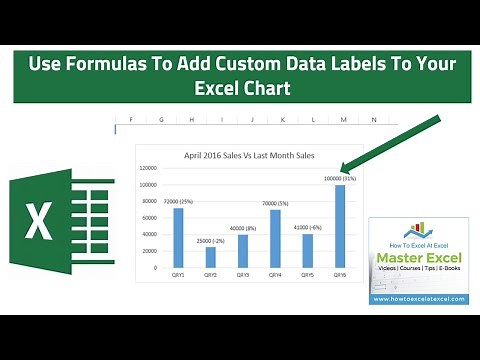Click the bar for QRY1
(x=178, y=237)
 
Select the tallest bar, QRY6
(x=340, y=226)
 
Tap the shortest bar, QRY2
(x=210, y=256)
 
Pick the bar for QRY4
(x=275, y=238)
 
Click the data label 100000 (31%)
(x=340, y=178)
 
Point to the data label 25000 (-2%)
(x=210, y=240)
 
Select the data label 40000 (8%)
(x=243, y=228)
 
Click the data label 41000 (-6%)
(x=307, y=227)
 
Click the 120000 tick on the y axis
(x=148, y=169)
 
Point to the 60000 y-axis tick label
(x=150, y=218)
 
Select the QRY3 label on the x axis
(x=243, y=276)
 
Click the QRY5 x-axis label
(x=307, y=276)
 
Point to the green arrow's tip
(x=343, y=171)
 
